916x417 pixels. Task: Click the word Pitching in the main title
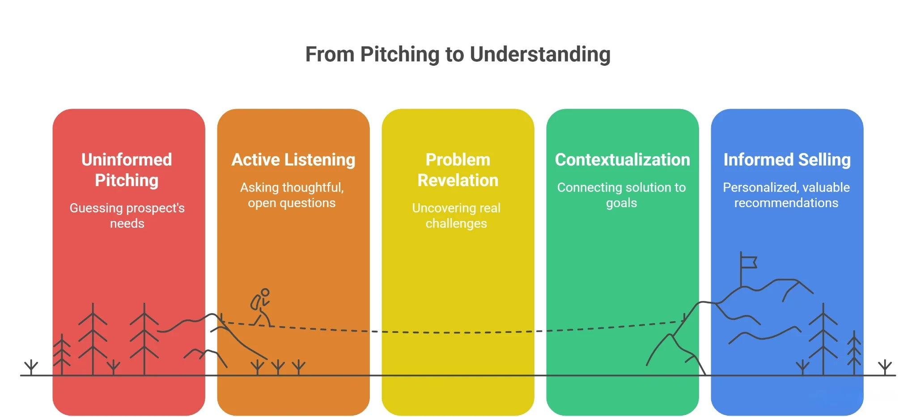(x=400, y=55)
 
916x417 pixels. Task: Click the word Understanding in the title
(x=540, y=55)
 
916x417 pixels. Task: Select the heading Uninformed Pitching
(x=127, y=170)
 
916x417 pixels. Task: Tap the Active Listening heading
(x=293, y=160)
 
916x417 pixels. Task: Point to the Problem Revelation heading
(x=458, y=170)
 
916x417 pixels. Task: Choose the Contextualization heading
(x=622, y=160)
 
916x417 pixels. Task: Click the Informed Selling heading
(x=787, y=160)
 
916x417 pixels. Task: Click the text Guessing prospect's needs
(x=127, y=215)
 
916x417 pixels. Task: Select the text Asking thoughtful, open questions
(x=292, y=195)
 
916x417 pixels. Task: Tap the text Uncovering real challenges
(x=456, y=215)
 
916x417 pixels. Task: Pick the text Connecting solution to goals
(x=621, y=195)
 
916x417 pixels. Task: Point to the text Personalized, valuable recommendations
(x=786, y=195)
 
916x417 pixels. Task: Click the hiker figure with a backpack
(x=261, y=308)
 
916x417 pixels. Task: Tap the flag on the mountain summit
(x=748, y=261)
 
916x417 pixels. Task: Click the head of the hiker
(x=265, y=293)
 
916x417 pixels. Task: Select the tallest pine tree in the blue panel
(x=823, y=340)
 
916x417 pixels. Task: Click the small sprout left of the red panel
(x=31, y=367)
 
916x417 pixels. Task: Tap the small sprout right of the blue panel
(x=885, y=367)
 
